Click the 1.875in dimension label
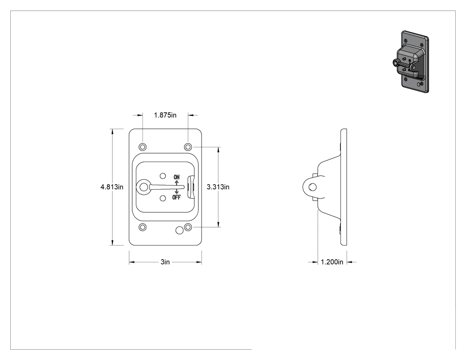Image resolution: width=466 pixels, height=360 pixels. [x=165, y=115]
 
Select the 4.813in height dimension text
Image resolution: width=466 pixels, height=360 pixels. [x=112, y=187]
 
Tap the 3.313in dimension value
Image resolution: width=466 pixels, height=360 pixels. [x=218, y=187]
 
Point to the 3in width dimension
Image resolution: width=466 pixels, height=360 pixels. [x=165, y=262]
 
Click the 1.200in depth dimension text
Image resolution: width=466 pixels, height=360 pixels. [x=332, y=262]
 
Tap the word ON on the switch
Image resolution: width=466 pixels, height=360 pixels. [x=177, y=177]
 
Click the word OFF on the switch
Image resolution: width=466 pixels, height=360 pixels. [x=176, y=197]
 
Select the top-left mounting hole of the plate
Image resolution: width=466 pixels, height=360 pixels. [x=142, y=147]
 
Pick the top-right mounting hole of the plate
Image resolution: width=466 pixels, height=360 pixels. [x=188, y=147]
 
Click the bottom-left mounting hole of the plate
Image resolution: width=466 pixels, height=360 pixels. [x=142, y=227]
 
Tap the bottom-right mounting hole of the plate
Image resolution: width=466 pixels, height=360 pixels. [x=188, y=227]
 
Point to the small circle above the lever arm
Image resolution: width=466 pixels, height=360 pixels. [x=162, y=176]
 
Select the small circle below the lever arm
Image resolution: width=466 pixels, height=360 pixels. [x=162, y=198]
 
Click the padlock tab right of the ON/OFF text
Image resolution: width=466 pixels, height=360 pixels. [x=190, y=187]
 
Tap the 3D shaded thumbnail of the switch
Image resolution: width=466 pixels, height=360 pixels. [x=411, y=62]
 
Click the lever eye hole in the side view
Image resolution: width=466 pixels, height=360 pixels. [x=312, y=187]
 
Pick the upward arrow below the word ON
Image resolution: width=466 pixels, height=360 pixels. [x=177, y=182]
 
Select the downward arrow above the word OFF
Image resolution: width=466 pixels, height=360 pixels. [x=177, y=192]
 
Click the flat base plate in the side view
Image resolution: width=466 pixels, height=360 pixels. [x=344, y=187]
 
